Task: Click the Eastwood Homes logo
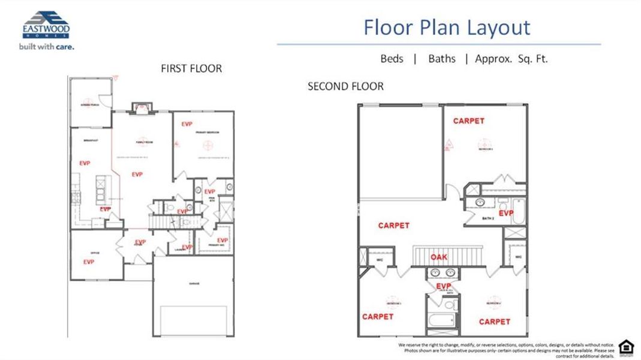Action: click(46, 25)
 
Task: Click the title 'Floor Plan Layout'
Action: click(447, 28)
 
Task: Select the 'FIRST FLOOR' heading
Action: click(191, 68)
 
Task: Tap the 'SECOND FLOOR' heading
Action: click(345, 86)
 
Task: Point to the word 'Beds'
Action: click(392, 59)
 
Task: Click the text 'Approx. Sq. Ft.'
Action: click(511, 59)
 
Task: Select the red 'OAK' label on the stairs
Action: click(439, 257)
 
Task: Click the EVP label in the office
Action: click(89, 262)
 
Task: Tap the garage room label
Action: click(194, 283)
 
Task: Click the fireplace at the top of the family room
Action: click(142, 107)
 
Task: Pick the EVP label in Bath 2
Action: click(506, 213)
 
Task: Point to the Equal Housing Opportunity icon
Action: click(625, 346)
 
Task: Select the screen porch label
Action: click(90, 104)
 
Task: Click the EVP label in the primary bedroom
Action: click(187, 124)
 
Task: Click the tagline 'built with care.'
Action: click(46, 46)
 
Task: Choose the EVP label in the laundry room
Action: click(187, 247)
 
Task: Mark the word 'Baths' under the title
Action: click(442, 59)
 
